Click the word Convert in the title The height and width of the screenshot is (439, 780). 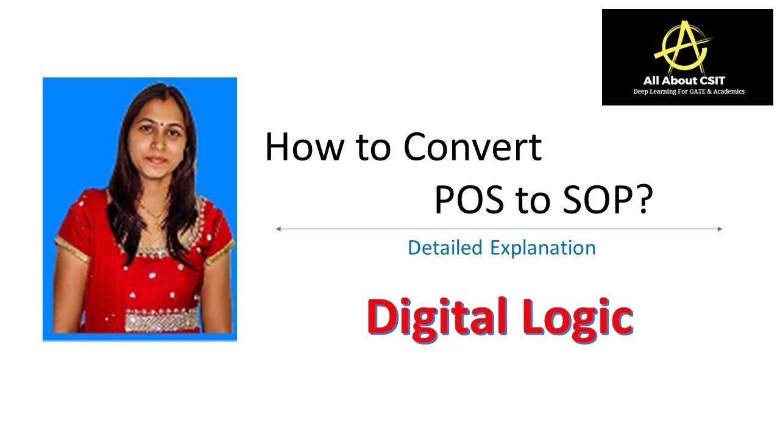pyautogui.click(x=473, y=147)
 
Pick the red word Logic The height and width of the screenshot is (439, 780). pyautogui.click(x=583, y=317)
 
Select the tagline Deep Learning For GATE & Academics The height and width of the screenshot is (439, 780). pyautogui.click(x=689, y=91)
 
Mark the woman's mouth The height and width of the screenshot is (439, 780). pyautogui.click(x=156, y=160)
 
